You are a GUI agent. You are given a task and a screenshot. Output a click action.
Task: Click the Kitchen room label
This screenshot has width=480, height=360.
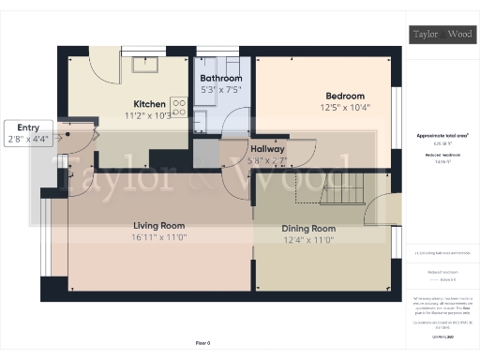point(150,104)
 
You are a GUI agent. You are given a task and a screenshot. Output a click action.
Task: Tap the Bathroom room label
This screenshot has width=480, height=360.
point(221,78)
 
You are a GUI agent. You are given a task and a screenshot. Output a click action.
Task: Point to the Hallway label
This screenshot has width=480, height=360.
point(268,149)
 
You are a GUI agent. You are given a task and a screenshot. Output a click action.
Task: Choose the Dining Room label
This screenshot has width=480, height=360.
point(308,229)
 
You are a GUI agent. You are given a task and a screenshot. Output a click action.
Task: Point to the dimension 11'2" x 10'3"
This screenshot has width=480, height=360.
point(150,115)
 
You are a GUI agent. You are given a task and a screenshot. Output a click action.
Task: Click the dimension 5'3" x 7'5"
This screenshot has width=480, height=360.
point(221,89)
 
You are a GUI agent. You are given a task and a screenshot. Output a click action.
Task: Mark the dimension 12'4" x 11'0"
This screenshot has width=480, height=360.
point(308,240)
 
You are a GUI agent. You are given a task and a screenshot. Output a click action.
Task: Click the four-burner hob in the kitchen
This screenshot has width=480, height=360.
point(177,106)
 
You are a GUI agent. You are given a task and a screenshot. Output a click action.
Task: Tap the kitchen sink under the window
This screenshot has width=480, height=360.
point(144,65)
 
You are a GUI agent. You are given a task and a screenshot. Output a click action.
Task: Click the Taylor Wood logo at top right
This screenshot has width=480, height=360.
point(444,35)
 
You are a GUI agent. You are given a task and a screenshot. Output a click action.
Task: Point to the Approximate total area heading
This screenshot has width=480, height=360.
point(443,135)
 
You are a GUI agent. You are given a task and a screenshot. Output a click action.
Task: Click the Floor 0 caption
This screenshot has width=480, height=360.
point(202,343)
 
